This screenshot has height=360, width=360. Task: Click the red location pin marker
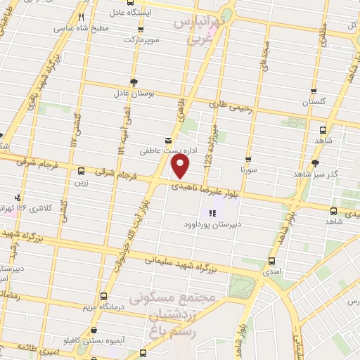[x=181, y=167]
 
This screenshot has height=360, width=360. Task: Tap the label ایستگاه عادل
[x=142, y=12]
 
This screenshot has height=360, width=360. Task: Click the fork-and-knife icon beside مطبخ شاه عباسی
[x=82, y=17]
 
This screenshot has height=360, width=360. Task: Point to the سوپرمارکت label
[x=139, y=39]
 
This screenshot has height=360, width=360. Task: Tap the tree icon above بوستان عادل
[x=133, y=81]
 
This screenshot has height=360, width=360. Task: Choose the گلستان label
[x=316, y=103]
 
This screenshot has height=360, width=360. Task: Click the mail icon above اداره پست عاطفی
[x=167, y=139]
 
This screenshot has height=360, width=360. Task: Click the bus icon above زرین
[x=82, y=171]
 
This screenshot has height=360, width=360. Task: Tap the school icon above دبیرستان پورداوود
[x=213, y=212]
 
